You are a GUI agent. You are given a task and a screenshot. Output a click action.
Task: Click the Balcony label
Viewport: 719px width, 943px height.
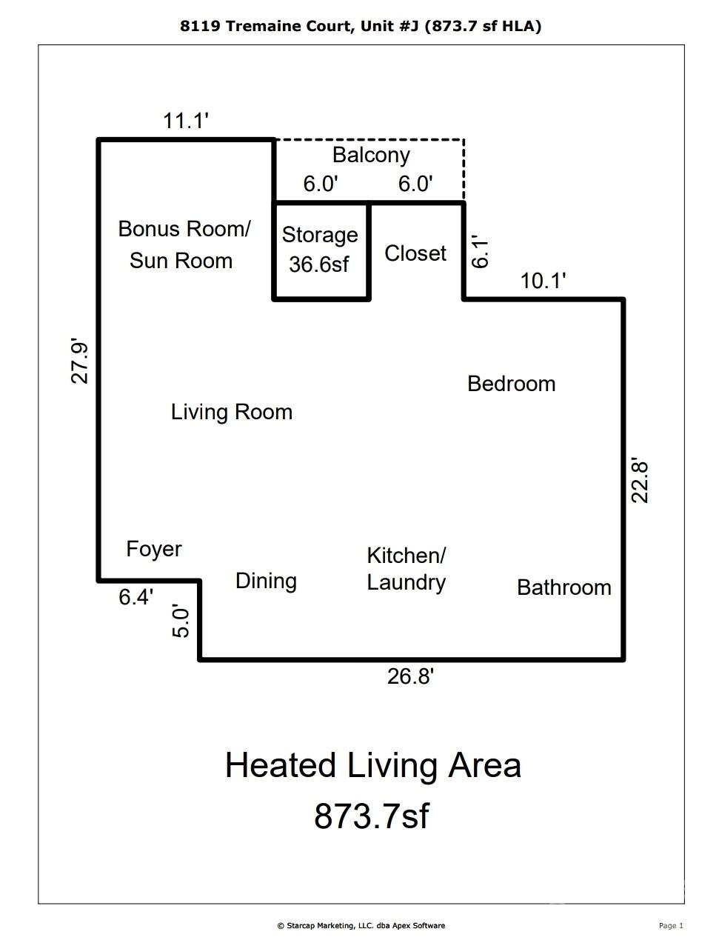[x=371, y=156]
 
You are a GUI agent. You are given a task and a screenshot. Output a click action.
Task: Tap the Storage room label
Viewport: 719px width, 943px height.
[x=320, y=236]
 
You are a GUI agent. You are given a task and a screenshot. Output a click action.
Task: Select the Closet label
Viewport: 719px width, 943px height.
[x=415, y=253]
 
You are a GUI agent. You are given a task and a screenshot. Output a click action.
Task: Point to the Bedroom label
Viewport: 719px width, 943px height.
[x=511, y=384]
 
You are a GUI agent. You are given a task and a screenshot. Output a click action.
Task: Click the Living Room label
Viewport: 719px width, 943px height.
[x=232, y=413]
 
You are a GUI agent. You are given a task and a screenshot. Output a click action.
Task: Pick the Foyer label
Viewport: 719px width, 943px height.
[x=154, y=550]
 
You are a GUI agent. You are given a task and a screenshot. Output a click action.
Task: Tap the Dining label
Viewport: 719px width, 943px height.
[x=266, y=582]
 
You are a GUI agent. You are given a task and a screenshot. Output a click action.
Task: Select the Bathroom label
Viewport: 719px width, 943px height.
[x=564, y=587]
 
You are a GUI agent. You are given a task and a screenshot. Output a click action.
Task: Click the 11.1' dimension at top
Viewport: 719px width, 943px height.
[x=185, y=121]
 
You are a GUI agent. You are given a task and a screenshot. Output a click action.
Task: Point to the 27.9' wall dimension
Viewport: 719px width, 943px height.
[x=80, y=362]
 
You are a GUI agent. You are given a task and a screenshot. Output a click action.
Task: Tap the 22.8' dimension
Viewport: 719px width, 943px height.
[x=639, y=482]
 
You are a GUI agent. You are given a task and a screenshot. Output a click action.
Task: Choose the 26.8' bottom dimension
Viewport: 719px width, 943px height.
[x=410, y=676]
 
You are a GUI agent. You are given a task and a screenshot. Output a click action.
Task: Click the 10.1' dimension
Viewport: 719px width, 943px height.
[x=543, y=281]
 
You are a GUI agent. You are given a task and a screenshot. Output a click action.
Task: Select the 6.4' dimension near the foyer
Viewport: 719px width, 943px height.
[x=136, y=597]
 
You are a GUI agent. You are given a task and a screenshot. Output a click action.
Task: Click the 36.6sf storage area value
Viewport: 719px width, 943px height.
[x=319, y=264]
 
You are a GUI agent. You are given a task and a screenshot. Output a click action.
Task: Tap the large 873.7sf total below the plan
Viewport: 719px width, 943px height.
[x=371, y=816]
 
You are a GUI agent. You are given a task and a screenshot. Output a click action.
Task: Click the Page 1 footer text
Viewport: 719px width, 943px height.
[x=671, y=925]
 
